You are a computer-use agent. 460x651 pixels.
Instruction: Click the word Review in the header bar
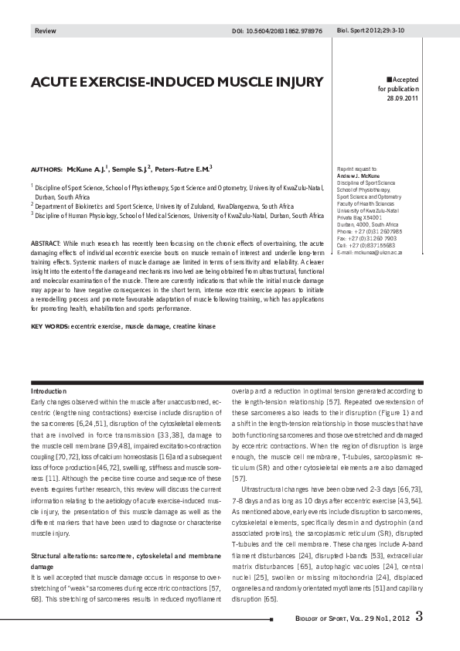[x=45, y=31]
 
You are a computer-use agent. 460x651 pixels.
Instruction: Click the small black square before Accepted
[x=389, y=80]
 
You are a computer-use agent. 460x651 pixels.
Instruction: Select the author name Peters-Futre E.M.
[x=184, y=168]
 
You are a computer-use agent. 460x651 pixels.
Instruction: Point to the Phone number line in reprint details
[x=370, y=231]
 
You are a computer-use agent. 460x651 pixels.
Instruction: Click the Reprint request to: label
[x=357, y=168]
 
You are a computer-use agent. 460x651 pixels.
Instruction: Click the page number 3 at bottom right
[x=418, y=617]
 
